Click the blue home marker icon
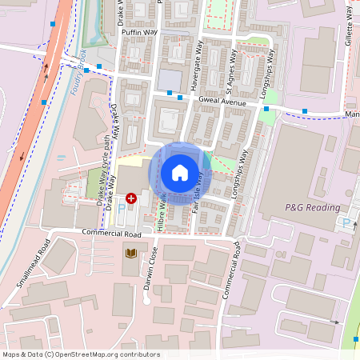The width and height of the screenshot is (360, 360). (x=180, y=173)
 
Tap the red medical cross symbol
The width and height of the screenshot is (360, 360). (x=131, y=197)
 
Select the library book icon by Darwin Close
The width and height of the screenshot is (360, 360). (x=131, y=254)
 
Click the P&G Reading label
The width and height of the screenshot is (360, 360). (x=312, y=207)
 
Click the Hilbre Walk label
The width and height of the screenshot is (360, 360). (x=162, y=211)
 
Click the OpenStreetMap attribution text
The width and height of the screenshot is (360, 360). (x=81, y=354)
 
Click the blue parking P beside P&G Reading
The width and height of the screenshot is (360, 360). (x=346, y=223)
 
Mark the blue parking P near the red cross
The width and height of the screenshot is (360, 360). (x=122, y=207)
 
